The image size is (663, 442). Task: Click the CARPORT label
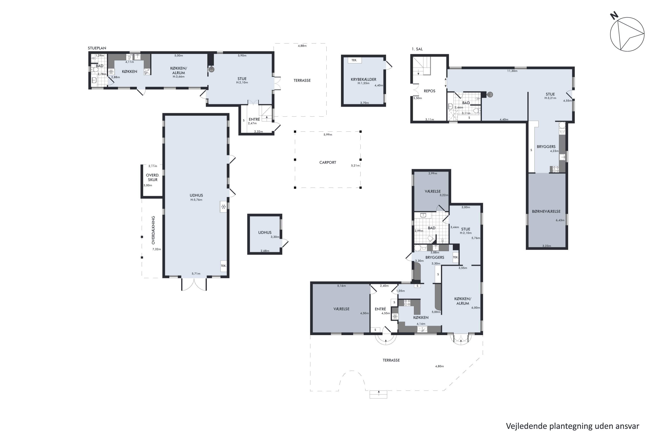click(328, 163)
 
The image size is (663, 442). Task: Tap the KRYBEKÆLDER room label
click(363, 80)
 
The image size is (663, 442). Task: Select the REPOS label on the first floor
click(429, 91)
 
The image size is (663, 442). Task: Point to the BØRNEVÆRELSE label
click(546, 211)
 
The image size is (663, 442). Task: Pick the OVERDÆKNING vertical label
click(153, 230)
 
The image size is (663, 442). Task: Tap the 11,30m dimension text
click(512, 71)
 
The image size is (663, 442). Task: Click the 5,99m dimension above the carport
click(328, 135)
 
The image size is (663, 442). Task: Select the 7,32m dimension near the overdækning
click(157, 249)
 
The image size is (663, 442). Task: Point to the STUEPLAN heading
click(97, 48)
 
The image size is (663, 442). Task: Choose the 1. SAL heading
click(417, 49)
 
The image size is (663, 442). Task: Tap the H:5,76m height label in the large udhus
click(196, 200)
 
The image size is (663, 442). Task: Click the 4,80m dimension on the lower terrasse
click(440, 366)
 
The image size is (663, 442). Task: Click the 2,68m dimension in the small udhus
click(265, 251)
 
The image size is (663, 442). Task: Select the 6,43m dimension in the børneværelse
click(560, 220)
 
